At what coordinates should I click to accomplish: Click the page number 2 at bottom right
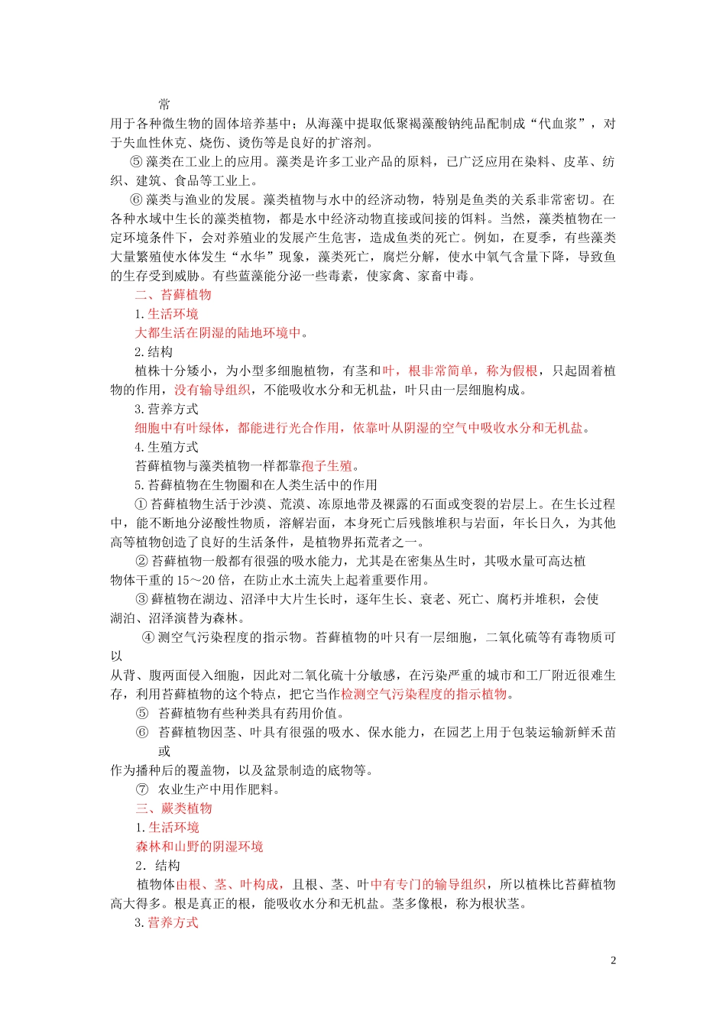[613, 961]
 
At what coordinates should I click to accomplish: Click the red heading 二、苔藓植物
[173, 295]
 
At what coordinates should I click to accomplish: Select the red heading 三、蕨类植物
[173, 808]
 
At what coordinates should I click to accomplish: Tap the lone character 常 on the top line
[164, 105]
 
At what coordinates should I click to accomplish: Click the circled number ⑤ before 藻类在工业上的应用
[137, 162]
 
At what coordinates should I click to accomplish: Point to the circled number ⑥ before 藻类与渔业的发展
[137, 200]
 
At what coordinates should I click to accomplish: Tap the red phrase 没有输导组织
[212, 390]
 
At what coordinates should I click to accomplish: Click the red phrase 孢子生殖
[327, 466]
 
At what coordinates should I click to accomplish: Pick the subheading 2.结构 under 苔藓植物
[154, 352]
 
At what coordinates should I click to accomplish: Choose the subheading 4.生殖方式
[167, 447]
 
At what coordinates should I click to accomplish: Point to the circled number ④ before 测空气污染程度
[148, 637]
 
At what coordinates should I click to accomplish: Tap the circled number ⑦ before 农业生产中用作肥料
[142, 789]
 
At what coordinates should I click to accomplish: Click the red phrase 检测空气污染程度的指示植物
[424, 694]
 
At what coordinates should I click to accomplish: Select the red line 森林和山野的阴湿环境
[199, 847]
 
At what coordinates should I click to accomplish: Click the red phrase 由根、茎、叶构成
[230, 885]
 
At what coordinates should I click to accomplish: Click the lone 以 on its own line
[116, 656]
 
